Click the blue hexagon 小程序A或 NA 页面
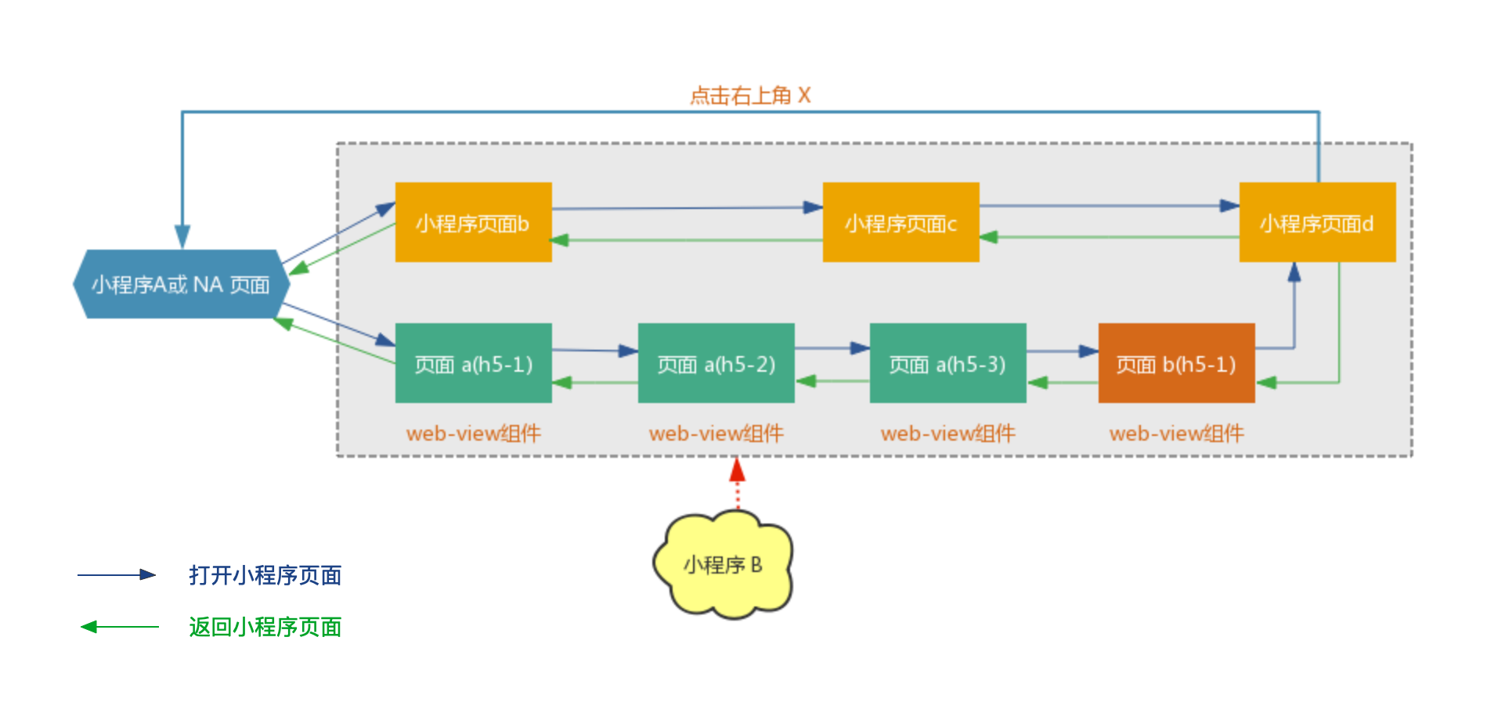coord(181,284)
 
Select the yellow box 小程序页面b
coord(473,222)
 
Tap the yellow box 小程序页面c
coord(900,222)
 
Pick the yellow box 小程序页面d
coord(1317,222)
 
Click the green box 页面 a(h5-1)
coord(473,363)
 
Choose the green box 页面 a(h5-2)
coord(716,363)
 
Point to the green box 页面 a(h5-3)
coord(947,363)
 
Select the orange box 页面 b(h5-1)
coord(1176,363)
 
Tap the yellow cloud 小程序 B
coord(723,564)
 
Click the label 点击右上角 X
coord(749,95)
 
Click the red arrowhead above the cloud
coord(737,470)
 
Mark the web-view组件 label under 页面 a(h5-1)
coord(473,434)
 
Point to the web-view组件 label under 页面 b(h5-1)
coord(1176,434)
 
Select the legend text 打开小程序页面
coord(265,575)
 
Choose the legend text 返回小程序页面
coord(265,627)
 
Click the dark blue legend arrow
coord(117,575)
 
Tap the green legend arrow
coord(119,627)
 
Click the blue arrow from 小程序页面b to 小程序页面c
coord(687,208)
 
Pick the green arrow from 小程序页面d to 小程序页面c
coord(1109,236)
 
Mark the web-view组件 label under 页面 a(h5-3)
coord(947,434)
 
